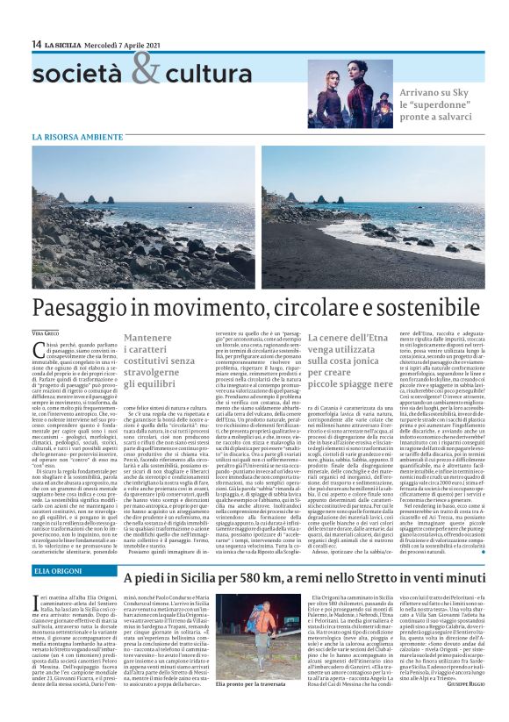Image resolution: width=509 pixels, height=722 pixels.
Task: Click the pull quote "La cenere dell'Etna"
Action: [349, 354]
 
